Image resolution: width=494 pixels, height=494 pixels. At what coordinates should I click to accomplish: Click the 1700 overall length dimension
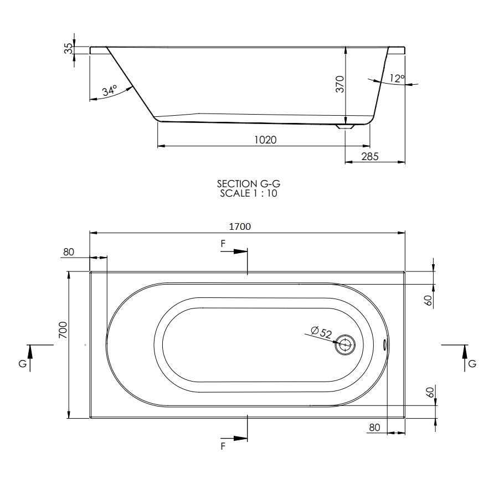[x=240, y=227]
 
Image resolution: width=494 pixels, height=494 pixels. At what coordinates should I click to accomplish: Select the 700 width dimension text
[x=63, y=330]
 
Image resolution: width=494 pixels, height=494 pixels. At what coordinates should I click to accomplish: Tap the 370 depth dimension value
[x=340, y=84]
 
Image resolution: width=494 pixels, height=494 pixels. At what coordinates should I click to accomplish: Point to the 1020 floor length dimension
[x=265, y=140]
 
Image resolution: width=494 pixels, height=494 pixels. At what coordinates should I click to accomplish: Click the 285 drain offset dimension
[x=370, y=156]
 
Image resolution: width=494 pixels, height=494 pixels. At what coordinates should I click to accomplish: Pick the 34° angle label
[x=110, y=91]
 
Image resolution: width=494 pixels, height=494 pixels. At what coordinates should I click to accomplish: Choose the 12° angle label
[x=397, y=78]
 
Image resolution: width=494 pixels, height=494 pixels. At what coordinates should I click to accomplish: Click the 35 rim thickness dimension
[x=68, y=49]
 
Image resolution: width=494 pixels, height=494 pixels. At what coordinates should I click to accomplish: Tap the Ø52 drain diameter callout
[x=321, y=332]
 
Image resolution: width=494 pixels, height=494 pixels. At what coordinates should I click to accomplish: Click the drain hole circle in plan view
[x=345, y=344]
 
